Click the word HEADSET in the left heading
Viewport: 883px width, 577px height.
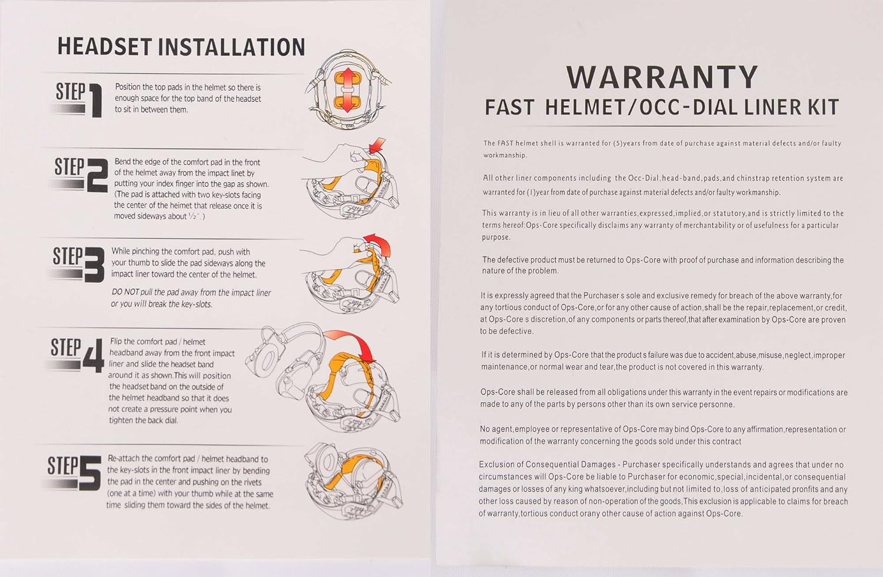(x=105, y=47)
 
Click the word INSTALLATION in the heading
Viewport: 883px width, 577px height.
(x=231, y=47)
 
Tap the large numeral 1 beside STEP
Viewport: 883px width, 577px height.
(x=95, y=101)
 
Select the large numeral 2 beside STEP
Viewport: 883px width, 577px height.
(x=97, y=175)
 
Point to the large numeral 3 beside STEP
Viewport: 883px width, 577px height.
(x=94, y=265)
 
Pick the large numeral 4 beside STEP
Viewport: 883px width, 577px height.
(x=94, y=356)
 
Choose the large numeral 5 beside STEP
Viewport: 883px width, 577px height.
(x=90, y=473)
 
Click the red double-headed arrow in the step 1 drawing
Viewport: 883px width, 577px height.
(x=347, y=90)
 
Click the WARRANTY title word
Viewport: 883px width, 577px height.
(x=662, y=78)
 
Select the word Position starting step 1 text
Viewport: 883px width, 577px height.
(x=128, y=87)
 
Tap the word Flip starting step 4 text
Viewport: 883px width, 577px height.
(x=117, y=342)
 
